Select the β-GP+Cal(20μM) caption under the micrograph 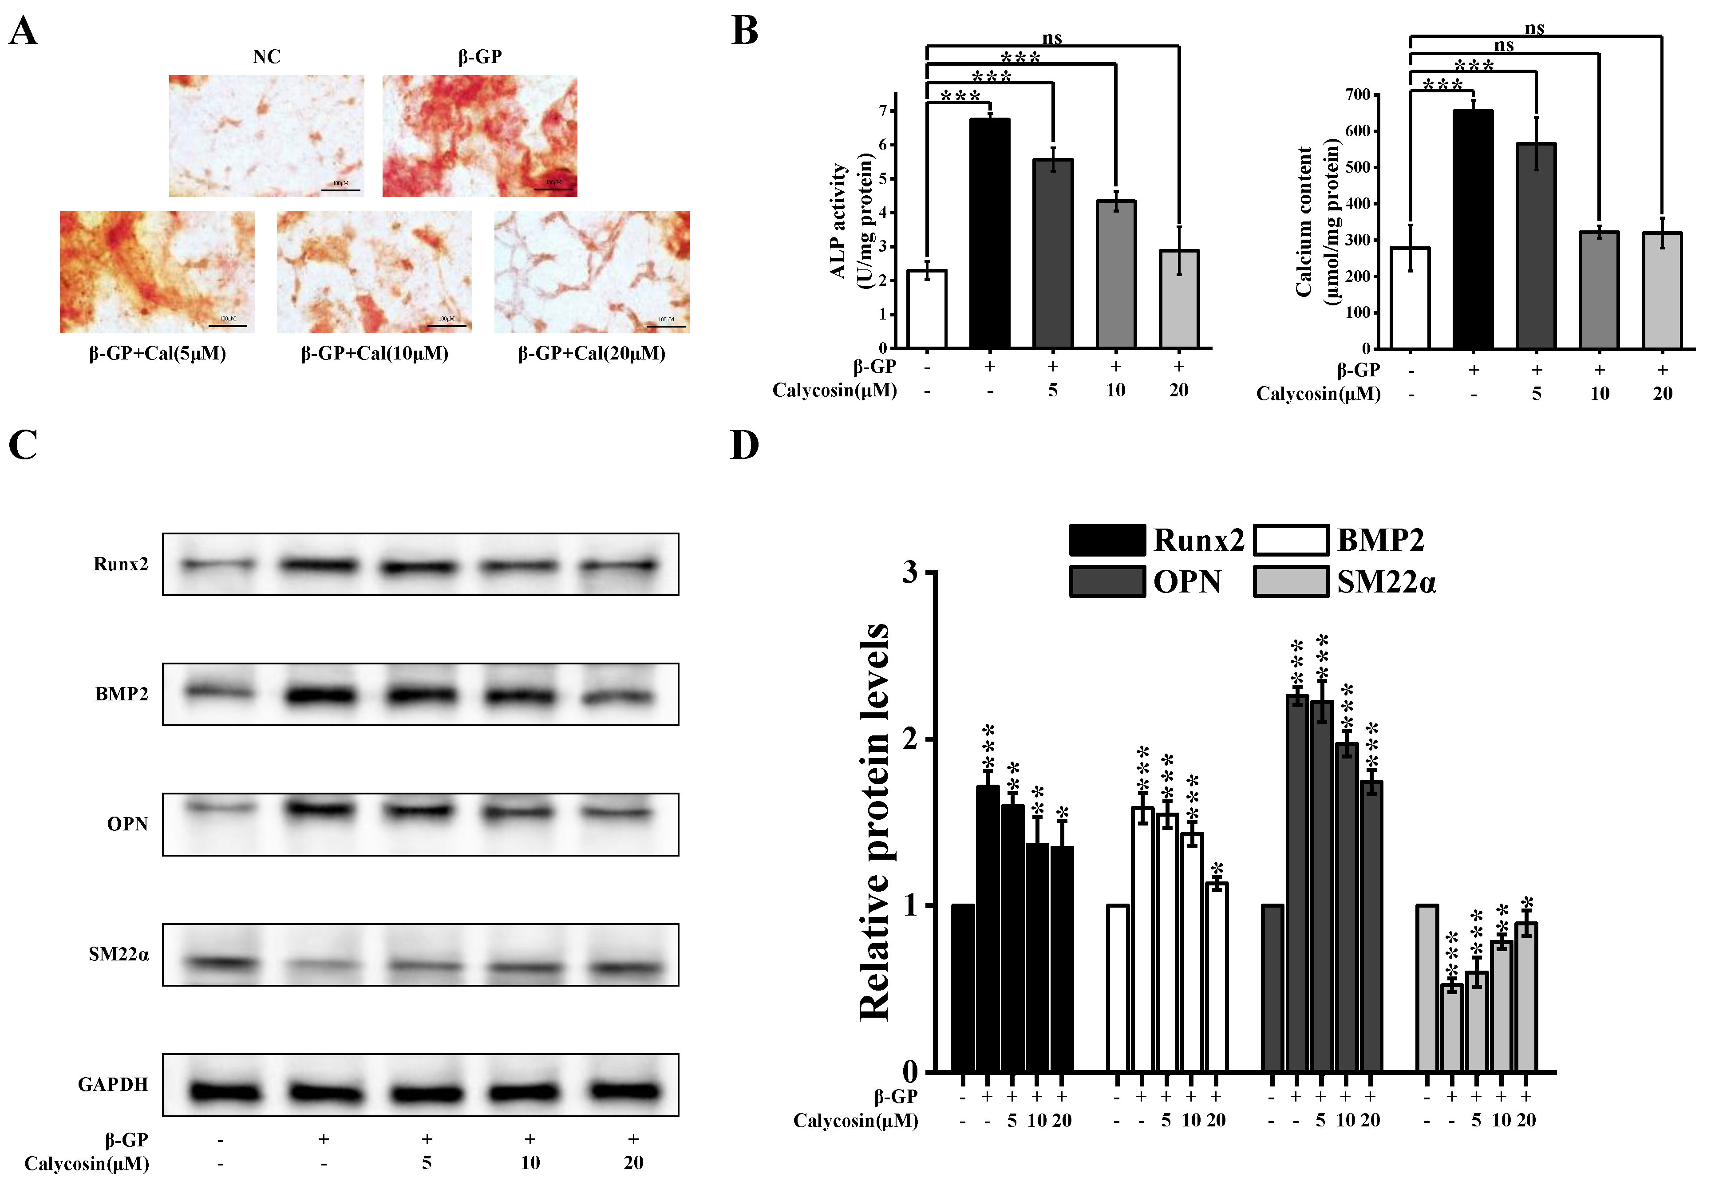592,353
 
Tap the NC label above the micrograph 266,56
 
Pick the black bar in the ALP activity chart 989,234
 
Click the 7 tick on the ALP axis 883,111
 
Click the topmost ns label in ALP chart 1052,37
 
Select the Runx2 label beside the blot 121,564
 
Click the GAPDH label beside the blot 114,1085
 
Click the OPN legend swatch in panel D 1107,581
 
